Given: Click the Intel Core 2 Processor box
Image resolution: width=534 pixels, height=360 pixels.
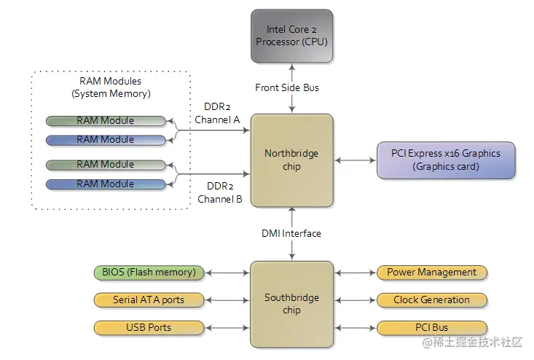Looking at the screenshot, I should coord(291,36).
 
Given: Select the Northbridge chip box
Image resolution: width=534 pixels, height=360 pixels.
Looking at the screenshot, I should coord(291,160).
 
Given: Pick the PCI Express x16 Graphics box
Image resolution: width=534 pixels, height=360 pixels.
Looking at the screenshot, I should coord(445,160).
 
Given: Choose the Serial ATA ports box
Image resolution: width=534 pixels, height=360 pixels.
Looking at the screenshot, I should coord(149,300).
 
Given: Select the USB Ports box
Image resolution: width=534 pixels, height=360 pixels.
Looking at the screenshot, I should coord(149,327).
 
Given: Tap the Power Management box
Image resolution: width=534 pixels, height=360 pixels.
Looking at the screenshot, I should coord(431,273).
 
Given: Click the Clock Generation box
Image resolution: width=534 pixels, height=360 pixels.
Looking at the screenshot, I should coord(431,300).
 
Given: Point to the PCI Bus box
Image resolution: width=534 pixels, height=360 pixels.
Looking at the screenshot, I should coord(431,327).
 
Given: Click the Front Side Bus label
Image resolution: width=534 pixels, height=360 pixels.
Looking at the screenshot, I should coord(287,87).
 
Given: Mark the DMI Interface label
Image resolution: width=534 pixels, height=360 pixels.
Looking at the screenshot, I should coord(291,233).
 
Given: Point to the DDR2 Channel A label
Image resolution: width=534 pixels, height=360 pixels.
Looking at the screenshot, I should coord(218,113).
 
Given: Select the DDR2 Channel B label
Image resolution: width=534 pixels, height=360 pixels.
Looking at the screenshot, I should coord(218,192).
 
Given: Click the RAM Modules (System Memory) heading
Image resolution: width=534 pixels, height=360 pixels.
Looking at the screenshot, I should coord(111,87).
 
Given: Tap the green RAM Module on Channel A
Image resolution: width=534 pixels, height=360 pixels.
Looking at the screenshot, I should coord(106,120).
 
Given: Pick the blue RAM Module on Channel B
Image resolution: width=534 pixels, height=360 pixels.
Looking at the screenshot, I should coord(106,184).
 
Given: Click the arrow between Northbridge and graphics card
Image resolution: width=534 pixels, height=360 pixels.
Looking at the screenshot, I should coord(355,160).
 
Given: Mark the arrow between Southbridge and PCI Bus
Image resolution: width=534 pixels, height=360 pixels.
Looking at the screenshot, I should coord(355,327).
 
